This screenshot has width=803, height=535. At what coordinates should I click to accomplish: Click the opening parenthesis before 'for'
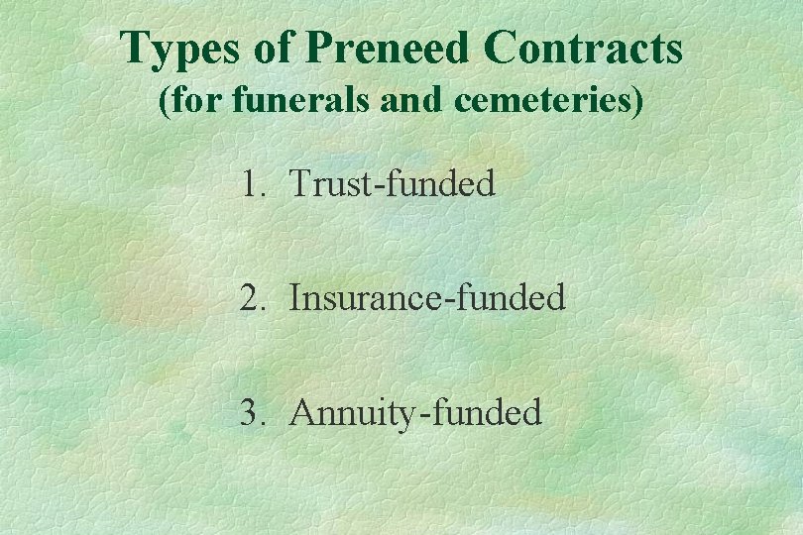point(165,102)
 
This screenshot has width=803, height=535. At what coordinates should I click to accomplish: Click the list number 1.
point(249,184)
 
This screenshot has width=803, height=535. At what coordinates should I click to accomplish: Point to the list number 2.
point(249,298)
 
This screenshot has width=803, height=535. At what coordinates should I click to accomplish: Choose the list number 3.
point(249,412)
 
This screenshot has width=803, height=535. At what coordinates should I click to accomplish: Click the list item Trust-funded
point(393,184)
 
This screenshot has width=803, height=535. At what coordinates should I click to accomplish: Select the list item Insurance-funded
point(427,298)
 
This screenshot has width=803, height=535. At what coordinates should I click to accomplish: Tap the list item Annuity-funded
point(415,412)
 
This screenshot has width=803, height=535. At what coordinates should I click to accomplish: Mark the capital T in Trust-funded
point(300,184)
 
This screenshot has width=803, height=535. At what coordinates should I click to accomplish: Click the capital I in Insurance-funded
point(295,298)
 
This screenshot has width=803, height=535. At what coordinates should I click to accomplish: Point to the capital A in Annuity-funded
point(302,412)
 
